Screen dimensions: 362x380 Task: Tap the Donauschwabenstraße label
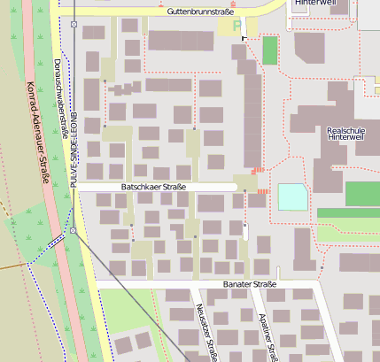(x=61, y=97)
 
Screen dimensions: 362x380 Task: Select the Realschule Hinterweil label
(x=345, y=133)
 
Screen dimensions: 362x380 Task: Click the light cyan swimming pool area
(x=292, y=196)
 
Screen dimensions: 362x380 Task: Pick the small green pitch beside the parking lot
(x=269, y=50)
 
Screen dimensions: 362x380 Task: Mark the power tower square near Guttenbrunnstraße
(x=74, y=24)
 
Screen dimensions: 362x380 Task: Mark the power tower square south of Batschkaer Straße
(x=74, y=231)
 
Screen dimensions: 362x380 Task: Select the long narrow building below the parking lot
(x=252, y=106)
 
